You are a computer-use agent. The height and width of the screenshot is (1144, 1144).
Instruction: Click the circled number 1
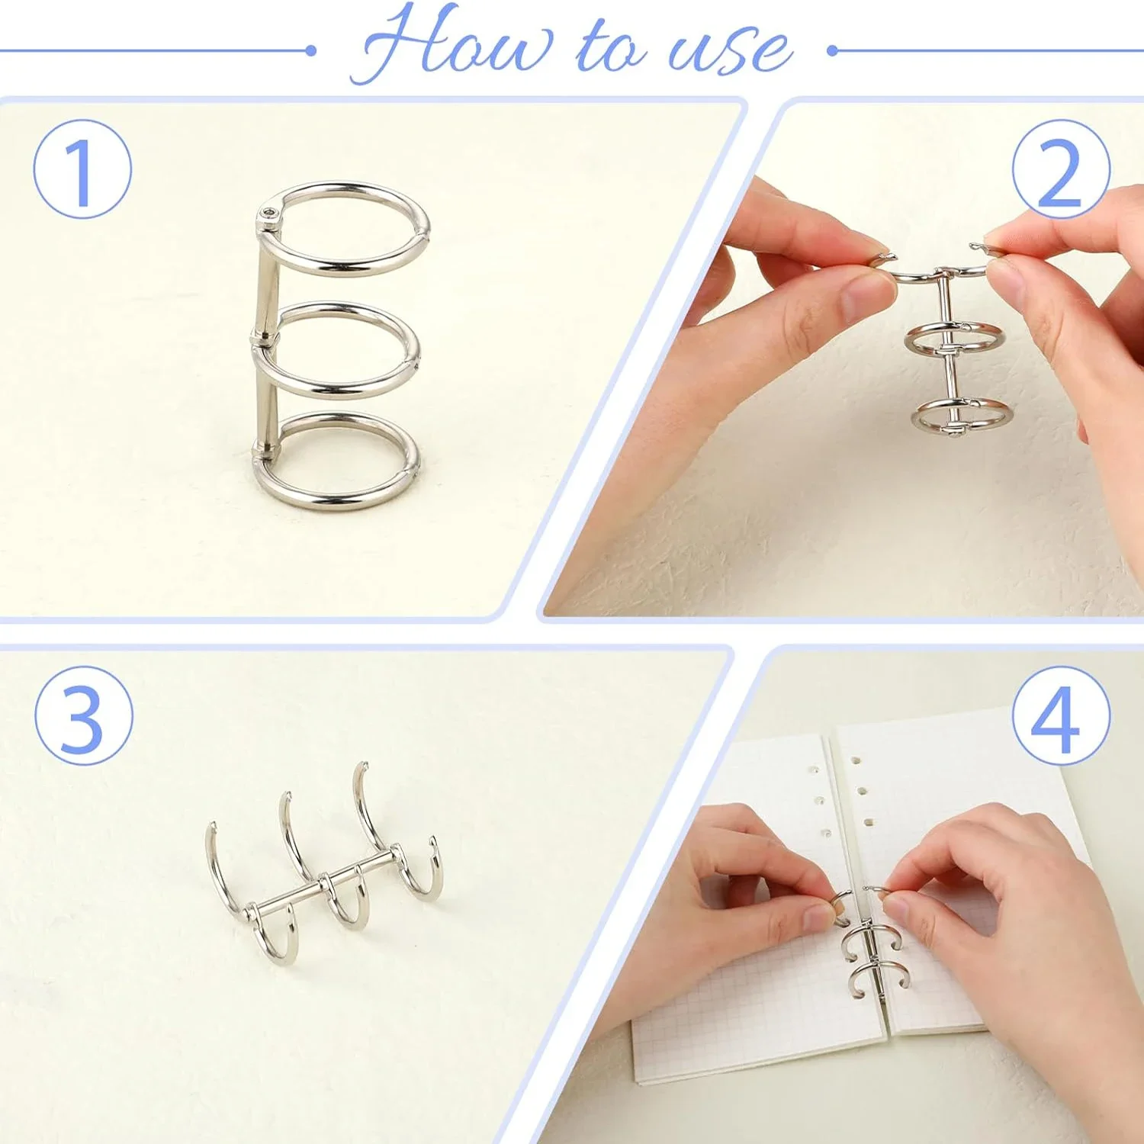[82, 169]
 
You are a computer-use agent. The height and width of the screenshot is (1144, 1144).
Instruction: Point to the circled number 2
[1061, 169]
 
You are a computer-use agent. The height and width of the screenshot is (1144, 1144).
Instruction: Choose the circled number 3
[84, 715]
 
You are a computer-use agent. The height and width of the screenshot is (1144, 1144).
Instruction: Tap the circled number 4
[1061, 715]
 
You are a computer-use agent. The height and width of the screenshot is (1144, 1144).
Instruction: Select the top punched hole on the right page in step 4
[856, 761]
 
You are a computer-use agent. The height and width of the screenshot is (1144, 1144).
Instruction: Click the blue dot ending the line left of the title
[310, 50]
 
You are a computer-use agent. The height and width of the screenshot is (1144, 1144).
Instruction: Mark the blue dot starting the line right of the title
[833, 51]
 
